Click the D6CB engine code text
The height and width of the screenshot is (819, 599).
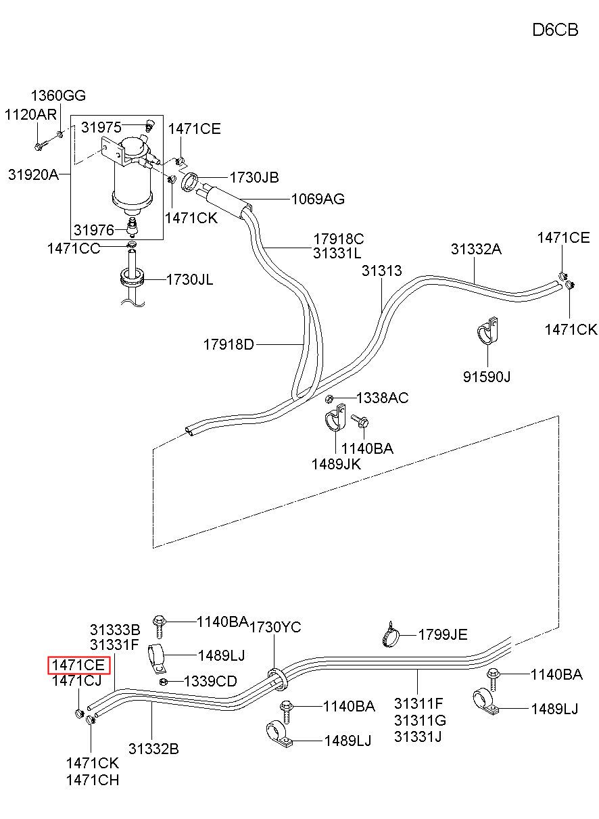click(555, 30)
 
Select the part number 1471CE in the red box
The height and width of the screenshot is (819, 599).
click(78, 665)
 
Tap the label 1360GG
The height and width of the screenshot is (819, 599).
click(58, 96)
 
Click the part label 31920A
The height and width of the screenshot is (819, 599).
click(33, 174)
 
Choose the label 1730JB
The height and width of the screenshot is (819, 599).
click(254, 178)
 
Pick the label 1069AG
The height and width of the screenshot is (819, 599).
click(318, 200)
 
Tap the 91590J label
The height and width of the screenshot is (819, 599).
click(487, 376)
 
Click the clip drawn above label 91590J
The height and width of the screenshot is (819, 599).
click(488, 331)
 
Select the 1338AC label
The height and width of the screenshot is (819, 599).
click(382, 398)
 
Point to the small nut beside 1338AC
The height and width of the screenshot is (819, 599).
click(329, 398)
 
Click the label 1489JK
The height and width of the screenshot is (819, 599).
click(336, 465)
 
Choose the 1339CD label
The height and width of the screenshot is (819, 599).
click(210, 681)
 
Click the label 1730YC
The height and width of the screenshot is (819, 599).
click(275, 627)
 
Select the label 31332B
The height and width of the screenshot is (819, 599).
click(153, 749)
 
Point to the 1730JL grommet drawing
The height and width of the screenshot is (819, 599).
click(132, 277)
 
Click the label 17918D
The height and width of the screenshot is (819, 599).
click(229, 344)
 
